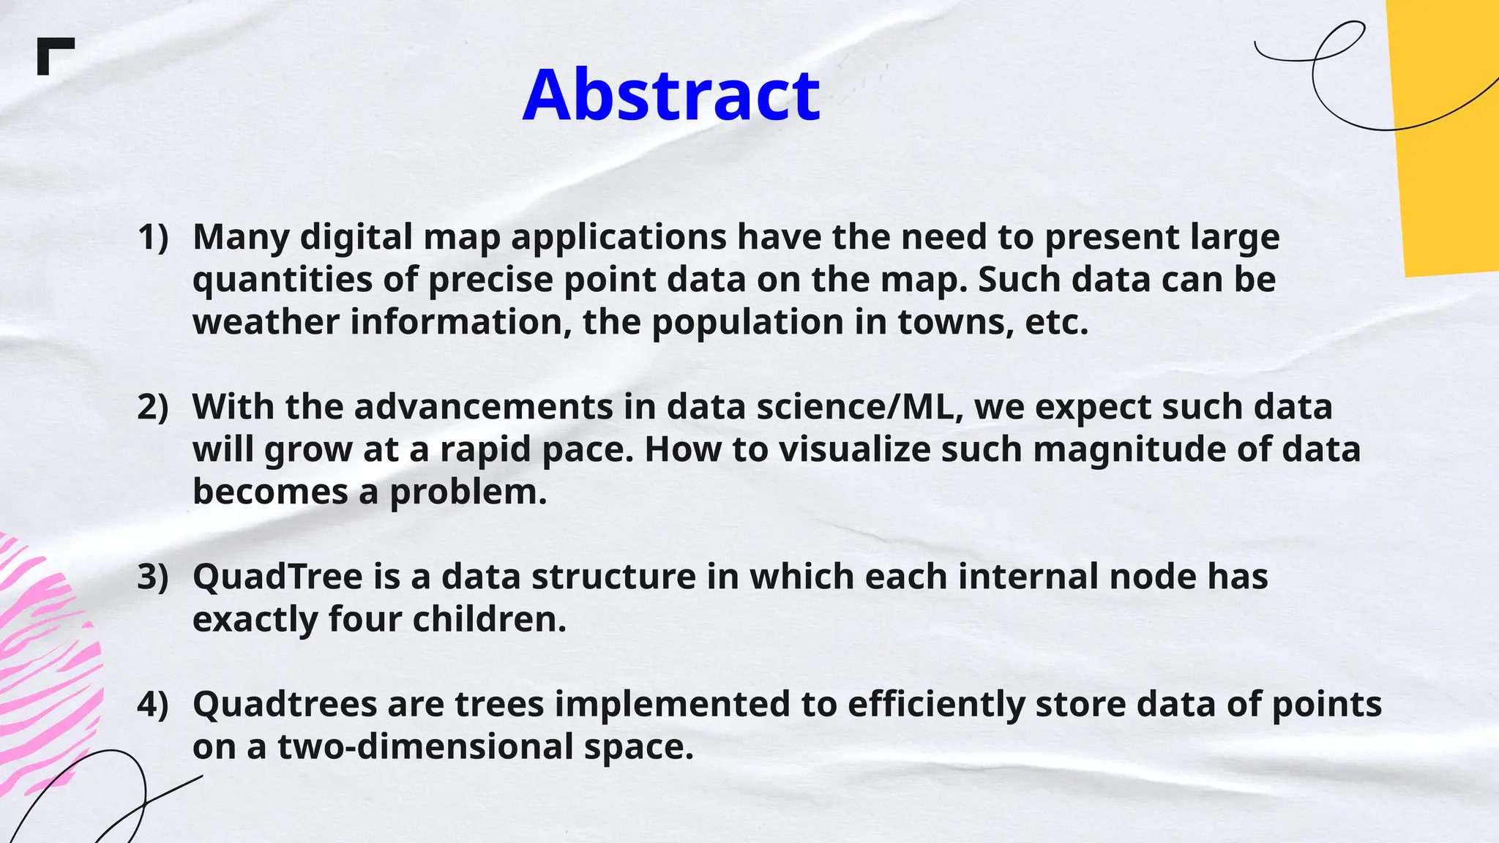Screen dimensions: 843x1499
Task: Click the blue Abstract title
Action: coord(671,95)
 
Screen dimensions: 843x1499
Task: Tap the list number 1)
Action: coord(153,238)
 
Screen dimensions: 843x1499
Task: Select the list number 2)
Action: coord(153,408)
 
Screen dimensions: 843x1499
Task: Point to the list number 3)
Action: coord(153,577)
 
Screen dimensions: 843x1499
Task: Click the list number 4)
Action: coord(153,705)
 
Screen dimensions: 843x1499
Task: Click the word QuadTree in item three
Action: coord(277,577)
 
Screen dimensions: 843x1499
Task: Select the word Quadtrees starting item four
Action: coord(285,705)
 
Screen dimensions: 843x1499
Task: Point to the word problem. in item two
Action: coord(468,492)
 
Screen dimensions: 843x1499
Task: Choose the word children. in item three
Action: coord(489,620)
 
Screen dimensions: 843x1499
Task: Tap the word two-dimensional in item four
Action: coord(425,747)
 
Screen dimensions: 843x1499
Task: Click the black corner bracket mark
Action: coord(54,55)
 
